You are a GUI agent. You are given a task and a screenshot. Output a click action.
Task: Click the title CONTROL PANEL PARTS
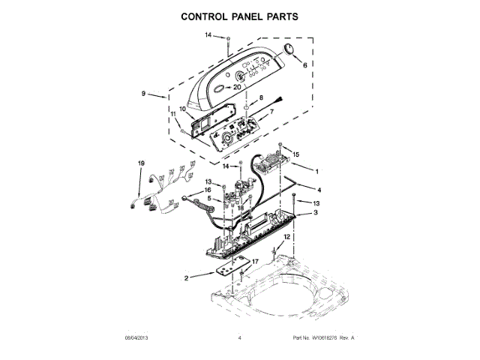coord(239,16)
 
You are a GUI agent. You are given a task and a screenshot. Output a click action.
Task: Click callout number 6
coord(304,66)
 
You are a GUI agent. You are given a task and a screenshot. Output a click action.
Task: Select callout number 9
coord(143,94)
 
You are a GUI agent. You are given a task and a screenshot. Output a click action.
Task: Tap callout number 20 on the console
coord(238,87)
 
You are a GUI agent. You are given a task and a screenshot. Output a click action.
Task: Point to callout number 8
coord(261,98)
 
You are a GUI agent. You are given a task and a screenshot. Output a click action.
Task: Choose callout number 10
coord(182,109)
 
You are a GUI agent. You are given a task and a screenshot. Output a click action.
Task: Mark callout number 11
coord(172,114)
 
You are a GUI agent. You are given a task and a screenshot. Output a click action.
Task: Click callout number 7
coord(271,112)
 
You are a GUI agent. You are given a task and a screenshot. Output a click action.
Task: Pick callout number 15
coord(295,154)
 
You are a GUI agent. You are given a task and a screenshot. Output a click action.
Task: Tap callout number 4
coord(319,190)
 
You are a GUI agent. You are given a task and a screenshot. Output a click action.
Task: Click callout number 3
coord(314,213)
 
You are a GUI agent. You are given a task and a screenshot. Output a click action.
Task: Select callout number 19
coord(140,163)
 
